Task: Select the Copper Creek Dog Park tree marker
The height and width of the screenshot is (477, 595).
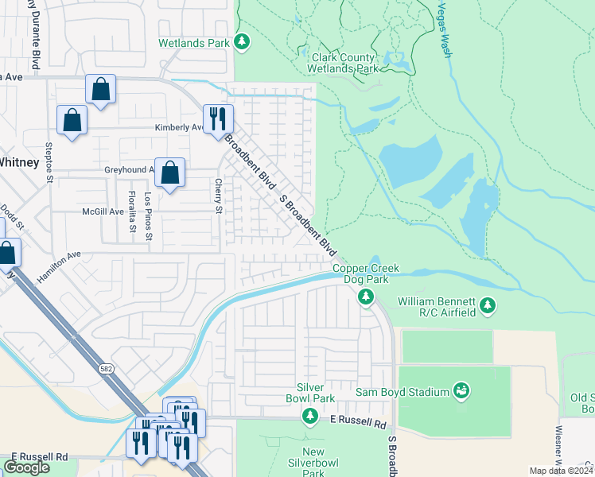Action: click(366, 297)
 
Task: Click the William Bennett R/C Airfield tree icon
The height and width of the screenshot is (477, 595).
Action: click(488, 305)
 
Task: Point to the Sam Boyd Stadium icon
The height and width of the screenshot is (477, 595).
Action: click(461, 390)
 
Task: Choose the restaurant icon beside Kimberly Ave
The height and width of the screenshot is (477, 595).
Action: click(218, 119)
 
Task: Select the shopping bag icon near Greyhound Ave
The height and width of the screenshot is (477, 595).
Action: click(170, 172)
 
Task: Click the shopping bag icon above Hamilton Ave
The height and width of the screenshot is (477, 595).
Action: click(6, 254)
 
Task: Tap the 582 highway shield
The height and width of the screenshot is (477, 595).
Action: click(106, 369)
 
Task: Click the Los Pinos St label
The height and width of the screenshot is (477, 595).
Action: click(148, 216)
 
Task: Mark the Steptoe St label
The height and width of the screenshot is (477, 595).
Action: click(49, 162)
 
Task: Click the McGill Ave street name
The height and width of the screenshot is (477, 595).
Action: click(103, 212)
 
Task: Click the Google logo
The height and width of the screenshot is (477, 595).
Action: click(26, 467)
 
